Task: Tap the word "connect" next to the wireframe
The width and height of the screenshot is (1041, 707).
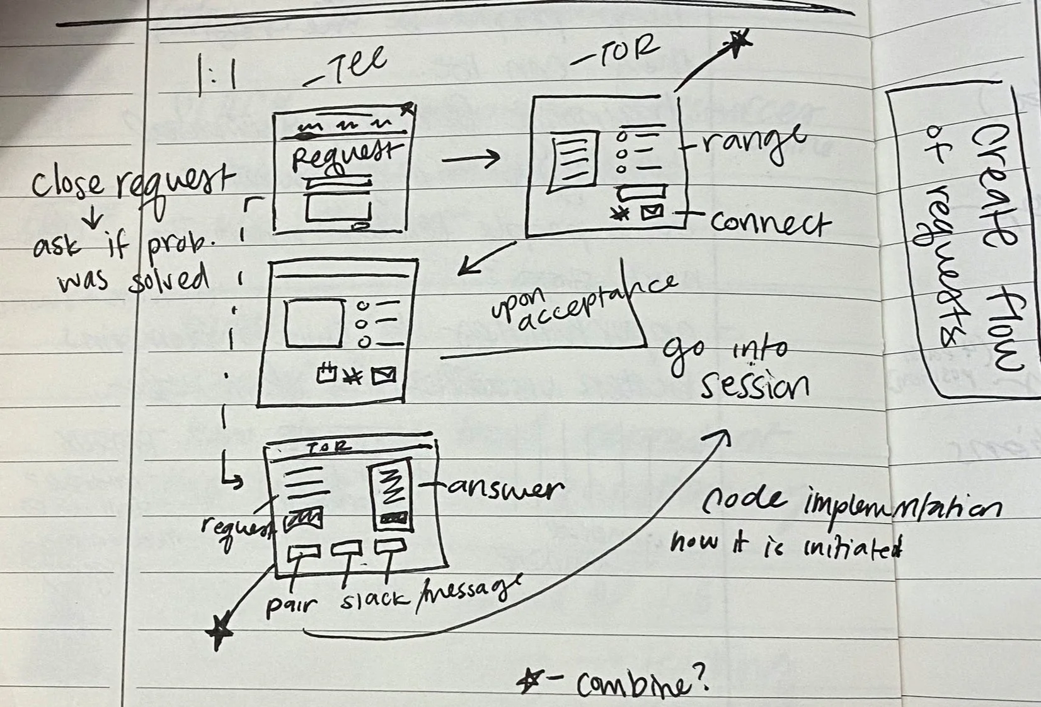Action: [x=769, y=223]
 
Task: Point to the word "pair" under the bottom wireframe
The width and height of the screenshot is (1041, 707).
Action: [x=290, y=605]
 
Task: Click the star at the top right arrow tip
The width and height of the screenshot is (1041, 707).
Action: [x=739, y=42]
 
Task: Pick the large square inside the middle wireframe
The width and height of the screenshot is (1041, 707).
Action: [x=314, y=323]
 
